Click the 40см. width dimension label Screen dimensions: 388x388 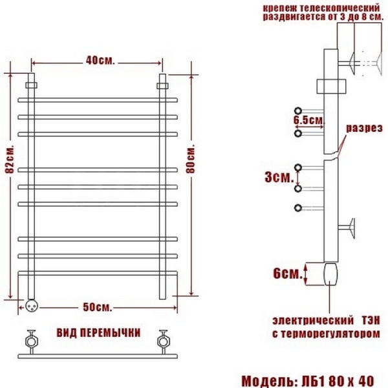[x=100, y=60]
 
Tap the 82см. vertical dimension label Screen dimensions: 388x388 [x=10, y=158]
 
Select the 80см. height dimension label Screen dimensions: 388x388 [x=191, y=158]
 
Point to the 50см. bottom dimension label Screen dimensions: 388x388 [x=98, y=307]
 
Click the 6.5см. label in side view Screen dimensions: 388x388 [x=308, y=120]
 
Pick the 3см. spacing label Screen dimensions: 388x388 [x=279, y=177]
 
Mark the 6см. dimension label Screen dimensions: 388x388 [x=288, y=274]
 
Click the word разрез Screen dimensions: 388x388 [x=364, y=128]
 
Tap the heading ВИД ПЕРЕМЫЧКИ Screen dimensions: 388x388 [x=98, y=333]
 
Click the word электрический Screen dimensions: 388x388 [x=313, y=321]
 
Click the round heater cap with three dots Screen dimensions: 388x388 [x=32, y=306]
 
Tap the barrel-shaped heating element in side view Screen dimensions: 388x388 [x=330, y=274]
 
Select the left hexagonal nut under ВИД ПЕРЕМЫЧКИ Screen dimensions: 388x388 [x=32, y=341]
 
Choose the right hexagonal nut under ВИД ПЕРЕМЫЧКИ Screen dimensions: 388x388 [x=164, y=341]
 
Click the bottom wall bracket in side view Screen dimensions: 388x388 [x=347, y=226]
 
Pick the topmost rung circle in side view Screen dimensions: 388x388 [x=298, y=111]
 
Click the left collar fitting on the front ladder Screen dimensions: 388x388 [x=32, y=85]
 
